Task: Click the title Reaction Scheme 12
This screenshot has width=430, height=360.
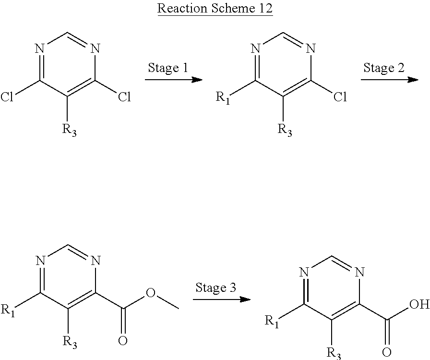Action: click(215, 8)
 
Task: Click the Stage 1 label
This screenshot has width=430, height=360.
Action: click(168, 68)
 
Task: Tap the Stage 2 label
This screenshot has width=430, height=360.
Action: click(383, 68)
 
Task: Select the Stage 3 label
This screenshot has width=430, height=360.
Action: click(215, 288)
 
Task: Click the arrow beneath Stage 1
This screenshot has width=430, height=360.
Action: click(174, 80)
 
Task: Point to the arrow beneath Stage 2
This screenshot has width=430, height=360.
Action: click(389, 80)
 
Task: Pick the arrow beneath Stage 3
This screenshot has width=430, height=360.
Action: click(222, 299)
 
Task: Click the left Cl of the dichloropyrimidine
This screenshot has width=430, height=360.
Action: click(7, 96)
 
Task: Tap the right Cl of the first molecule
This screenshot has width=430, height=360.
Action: click(124, 96)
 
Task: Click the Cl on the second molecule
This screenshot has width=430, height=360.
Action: click(340, 96)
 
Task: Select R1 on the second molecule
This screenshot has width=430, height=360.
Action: click(223, 98)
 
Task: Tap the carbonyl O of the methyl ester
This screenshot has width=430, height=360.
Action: click(122, 340)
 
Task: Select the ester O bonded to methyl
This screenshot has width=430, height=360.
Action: click(150, 293)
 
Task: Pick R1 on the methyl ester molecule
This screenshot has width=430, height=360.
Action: click(8, 310)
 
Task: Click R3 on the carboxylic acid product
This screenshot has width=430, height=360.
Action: click(334, 353)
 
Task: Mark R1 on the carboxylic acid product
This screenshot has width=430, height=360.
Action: click(272, 321)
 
